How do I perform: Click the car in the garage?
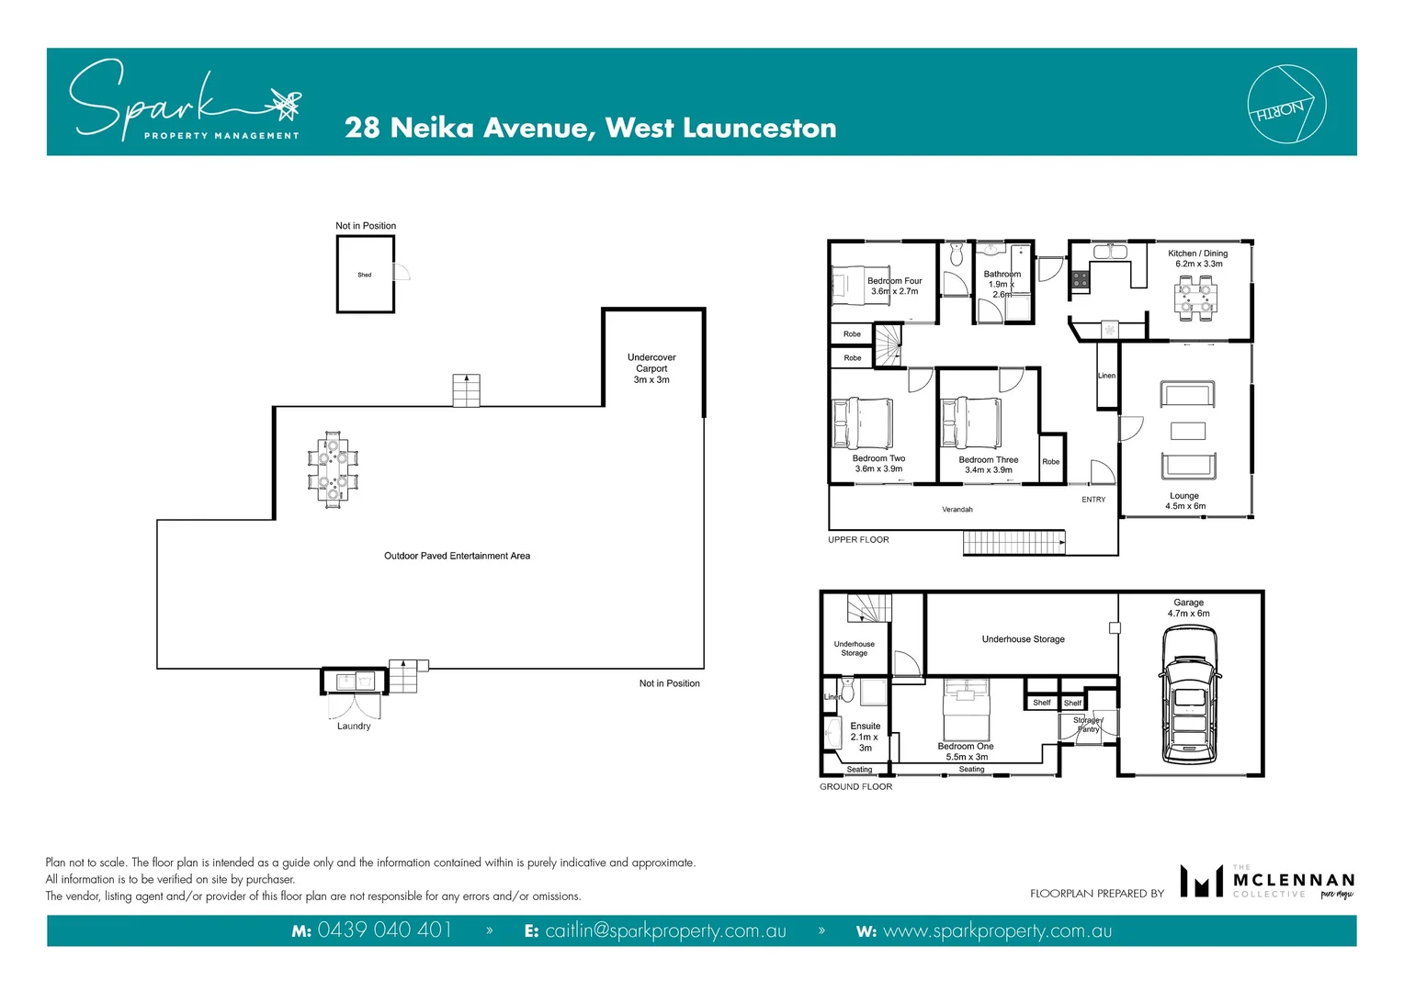pyautogui.click(x=1190, y=696)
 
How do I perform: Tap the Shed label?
pyautogui.click(x=365, y=275)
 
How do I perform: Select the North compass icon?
pyautogui.click(x=1286, y=105)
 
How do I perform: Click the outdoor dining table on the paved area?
pyautogui.click(x=333, y=468)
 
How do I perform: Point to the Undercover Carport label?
pyautogui.click(x=651, y=368)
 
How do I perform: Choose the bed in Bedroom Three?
pyautogui.click(x=970, y=423)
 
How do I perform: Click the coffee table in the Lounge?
pyautogui.click(x=1187, y=431)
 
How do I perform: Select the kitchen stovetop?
pyautogui.click(x=1081, y=279)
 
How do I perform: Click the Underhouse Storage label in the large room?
pyautogui.click(x=1023, y=639)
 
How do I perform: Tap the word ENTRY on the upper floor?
pyautogui.click(x=1093, y=500)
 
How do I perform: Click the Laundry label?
pyautogui.click(x=354, y=727)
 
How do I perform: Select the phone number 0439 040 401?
pyautogui.click(x=384, y=930)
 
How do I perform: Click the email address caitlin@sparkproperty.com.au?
pyautogui.click(x=665, y=930)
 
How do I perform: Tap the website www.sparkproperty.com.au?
pyautogui.click(x=997, y=930)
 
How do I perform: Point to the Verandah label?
pyautogui.click(x=957, y=510)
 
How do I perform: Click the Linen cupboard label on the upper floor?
pyautogui.click(x=1106, y=376)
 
